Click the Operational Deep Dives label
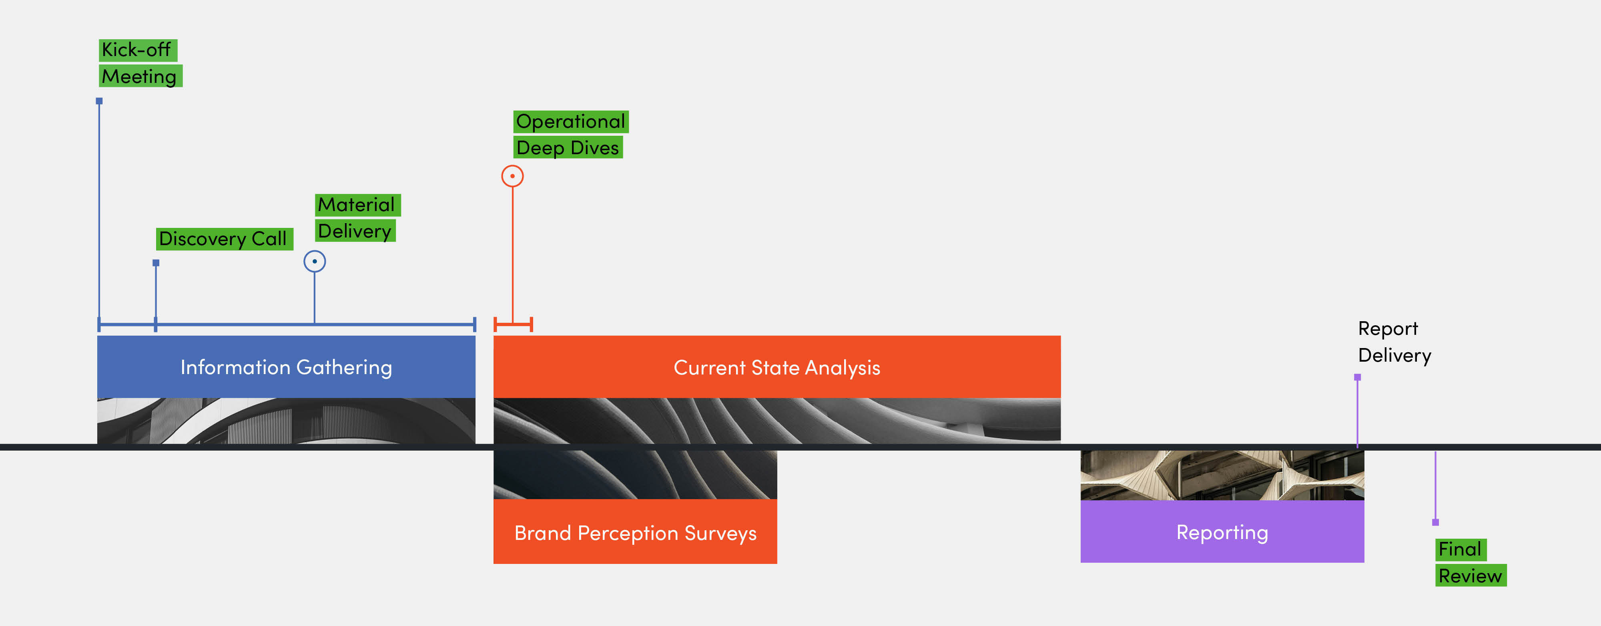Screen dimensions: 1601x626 click(x=570, y=134)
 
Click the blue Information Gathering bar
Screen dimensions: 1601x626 click(x=286, y=367)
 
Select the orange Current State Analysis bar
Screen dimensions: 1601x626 click(x=777, y=367)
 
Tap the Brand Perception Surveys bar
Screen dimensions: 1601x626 click(x=635, y=532)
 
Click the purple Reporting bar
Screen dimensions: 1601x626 click(x=1222, y=532)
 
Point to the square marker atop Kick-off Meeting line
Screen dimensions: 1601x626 click(x=99, y=101)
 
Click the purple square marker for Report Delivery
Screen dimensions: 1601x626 click(x=1357, y=377)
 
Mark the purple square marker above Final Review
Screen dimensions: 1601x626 click(x=1435, y=522)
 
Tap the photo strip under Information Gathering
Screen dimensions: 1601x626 click(x=286, y=421)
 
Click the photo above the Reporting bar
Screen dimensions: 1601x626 click(x=1222, y=475)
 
